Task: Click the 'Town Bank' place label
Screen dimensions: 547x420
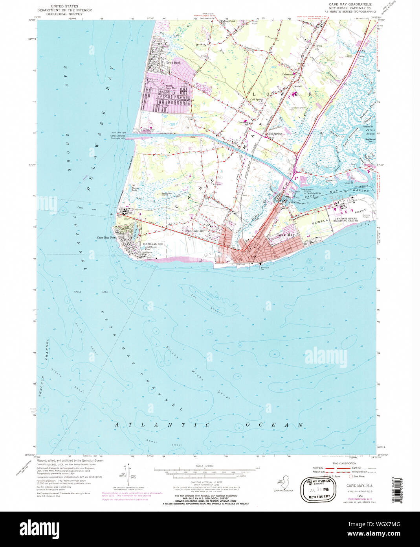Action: click(x=173, y=63)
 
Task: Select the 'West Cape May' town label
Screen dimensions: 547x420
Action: click(x=195, y=231)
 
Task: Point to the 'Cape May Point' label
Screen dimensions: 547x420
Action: click(x=107, y=238)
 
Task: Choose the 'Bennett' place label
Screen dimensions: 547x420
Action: click(x=298, y=86)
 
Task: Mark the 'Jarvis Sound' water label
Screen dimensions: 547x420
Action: click(x=370, y=132)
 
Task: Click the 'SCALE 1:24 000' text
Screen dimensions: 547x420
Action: click(x=204, y=466)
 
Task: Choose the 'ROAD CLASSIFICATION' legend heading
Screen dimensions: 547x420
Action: click(x=344, y=464)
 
